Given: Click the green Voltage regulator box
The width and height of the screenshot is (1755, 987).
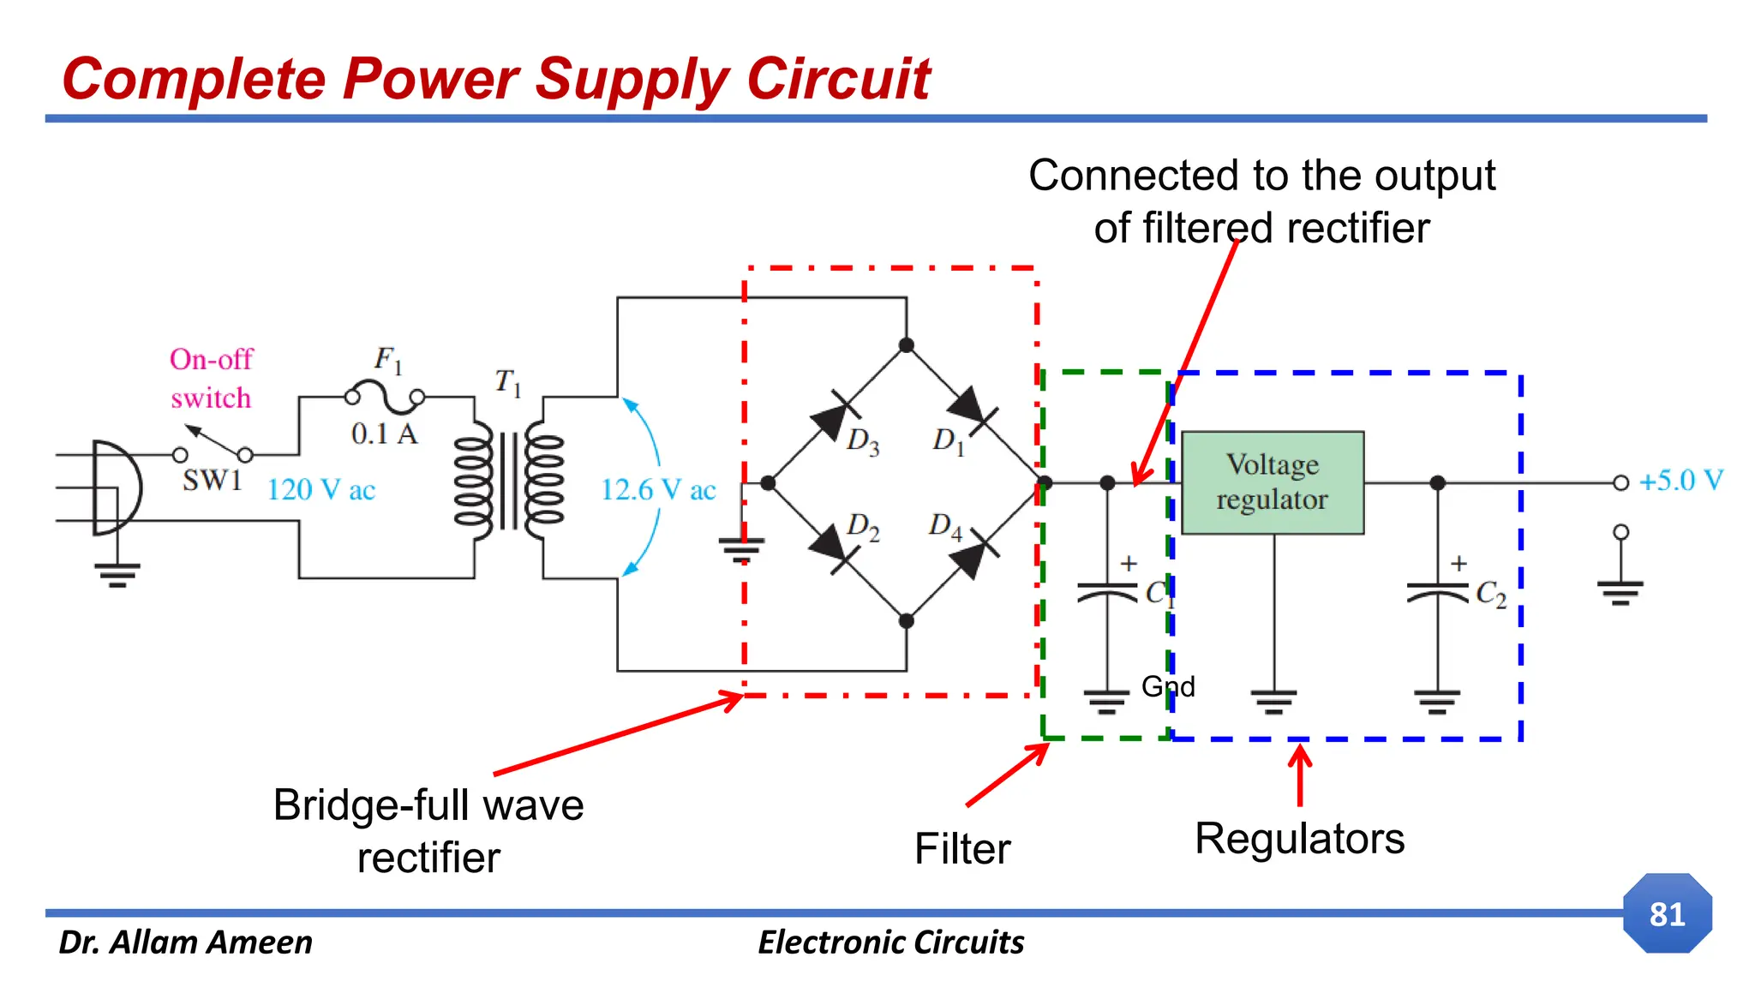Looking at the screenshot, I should (x=1272, y=482).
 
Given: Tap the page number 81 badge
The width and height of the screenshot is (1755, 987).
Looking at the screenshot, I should (x=1667, y=913).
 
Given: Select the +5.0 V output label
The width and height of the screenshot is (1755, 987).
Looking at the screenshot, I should (x=1680, y=481).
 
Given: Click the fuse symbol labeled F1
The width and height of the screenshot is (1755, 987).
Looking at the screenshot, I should (x=385, y=397).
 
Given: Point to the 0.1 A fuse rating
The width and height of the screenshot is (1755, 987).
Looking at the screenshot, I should (x=384, y=434).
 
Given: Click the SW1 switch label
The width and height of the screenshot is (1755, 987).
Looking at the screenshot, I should (x=212, y=481).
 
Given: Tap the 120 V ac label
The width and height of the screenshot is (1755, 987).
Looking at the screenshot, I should (x=320, y=490).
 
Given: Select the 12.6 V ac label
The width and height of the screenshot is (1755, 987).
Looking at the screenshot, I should (x=657, y=490).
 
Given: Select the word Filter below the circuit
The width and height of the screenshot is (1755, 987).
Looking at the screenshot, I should (x=961, y=849).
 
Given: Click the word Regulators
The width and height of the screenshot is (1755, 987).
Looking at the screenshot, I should (x=1299, y=838).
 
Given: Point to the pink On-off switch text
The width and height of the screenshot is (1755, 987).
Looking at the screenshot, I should (x=211, y=378).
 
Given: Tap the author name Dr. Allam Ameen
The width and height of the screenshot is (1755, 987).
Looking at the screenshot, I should (x=185, y=942).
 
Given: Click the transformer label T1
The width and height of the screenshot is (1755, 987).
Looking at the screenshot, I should (x=507, y=382).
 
